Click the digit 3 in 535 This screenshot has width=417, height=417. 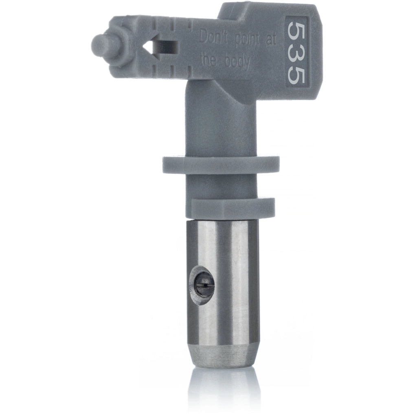pos(296,53)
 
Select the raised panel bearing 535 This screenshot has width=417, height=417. pos(296,53)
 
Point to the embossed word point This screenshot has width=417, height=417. pos(248,40)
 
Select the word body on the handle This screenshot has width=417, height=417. pos(237,62)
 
